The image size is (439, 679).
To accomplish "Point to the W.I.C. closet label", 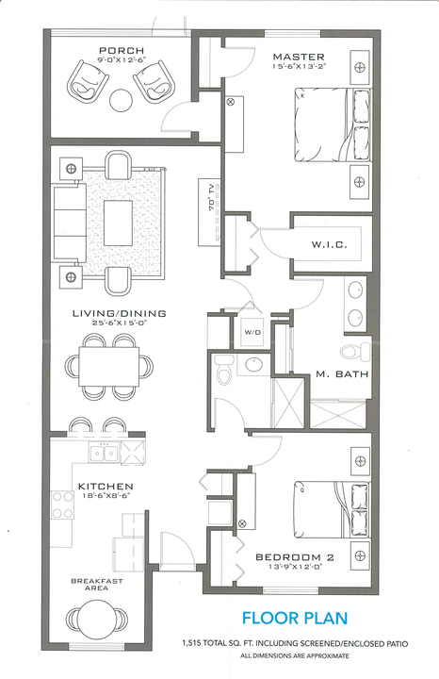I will pos(330,245).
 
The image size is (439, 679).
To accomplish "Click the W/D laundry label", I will pos(252,332).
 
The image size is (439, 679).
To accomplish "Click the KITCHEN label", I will pos(106,487).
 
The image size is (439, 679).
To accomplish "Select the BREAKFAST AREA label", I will pos(97,585).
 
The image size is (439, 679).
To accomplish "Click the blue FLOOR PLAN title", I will pos(295,619).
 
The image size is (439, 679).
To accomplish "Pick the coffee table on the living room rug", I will pos(119,223).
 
